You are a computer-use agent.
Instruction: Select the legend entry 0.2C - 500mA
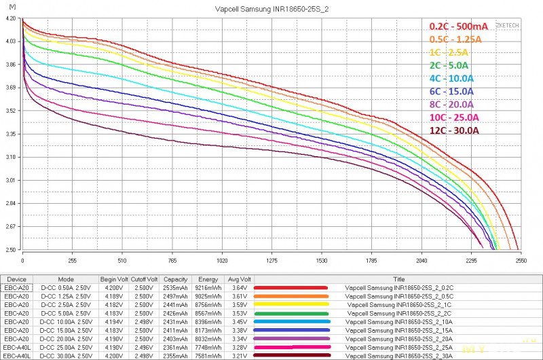[x=458, y=26]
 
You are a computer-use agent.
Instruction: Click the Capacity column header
[x=175, y=278]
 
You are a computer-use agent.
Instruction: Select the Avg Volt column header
[x=239, y=278]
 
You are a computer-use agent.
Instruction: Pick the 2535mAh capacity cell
[x=175, y=287]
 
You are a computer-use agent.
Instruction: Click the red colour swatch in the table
[x=291, y=287]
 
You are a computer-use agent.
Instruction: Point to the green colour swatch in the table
[x=291, y=312]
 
